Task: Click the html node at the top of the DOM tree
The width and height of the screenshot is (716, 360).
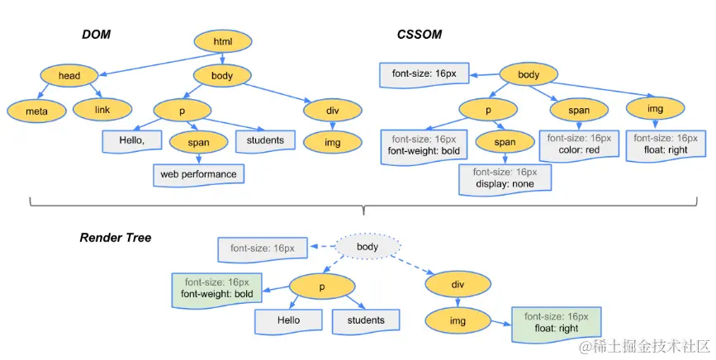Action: [x=223, y=41]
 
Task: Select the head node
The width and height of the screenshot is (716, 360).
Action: [x=69, y=76]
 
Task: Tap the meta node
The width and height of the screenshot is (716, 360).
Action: [x=36, y=111]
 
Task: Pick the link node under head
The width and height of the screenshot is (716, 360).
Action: [x=102, y=110]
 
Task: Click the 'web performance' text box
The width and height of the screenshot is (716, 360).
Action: [x=199, y=175]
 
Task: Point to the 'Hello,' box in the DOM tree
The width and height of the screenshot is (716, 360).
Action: [x=132, y=141]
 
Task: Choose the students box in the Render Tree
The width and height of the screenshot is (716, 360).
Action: [x=366, y=321]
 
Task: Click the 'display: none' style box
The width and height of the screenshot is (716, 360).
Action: [x=505, y=180]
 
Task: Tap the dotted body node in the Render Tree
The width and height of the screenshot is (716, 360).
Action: [x=367, y=247]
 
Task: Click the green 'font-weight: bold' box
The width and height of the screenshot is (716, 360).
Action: [x=217, y=290]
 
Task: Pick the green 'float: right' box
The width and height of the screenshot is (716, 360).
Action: [x=556, y=324]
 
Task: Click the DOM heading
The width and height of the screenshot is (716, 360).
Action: [x=97, y=35]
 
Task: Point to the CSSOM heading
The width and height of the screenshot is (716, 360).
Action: [x=420, y=35]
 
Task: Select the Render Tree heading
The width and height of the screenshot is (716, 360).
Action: [x=116, y=238]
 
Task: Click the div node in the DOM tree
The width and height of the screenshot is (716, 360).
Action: [x=333, y=111]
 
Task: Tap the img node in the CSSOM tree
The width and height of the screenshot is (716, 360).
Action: [x=655, y=109]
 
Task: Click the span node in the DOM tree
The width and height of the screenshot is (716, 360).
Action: [x=199, y=142]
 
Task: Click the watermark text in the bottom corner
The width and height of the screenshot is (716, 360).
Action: [x=644, y=348]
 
